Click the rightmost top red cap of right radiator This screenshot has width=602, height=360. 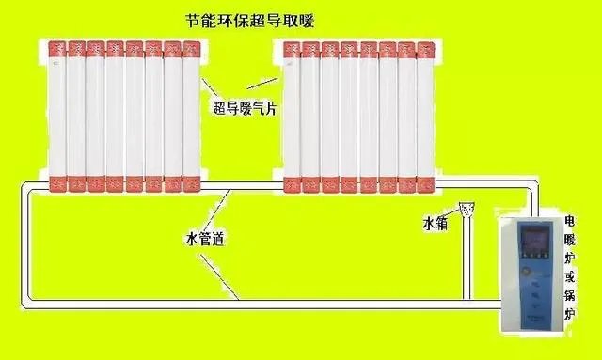(425, 47)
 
